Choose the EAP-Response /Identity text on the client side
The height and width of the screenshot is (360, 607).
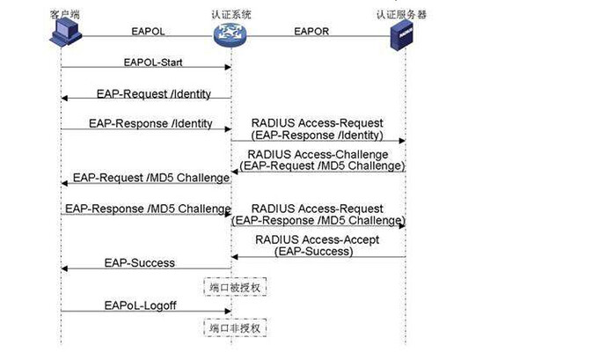pyautogui.click(x=150, y=124)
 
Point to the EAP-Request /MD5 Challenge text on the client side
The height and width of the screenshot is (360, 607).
pyautogui.click(x=151, y=177)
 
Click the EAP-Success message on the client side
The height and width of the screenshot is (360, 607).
pyautogui.click(x=139, y=262)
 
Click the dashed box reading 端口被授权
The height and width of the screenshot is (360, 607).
pyautogui.click(x=232, y=287)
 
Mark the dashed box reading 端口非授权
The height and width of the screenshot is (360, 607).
pyautogui.click(x=232, y=327)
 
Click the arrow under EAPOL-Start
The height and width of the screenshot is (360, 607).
pyautogui.click(x=145, y=69)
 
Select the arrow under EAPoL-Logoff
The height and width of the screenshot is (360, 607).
pyautogui.click(x=145, y=312)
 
